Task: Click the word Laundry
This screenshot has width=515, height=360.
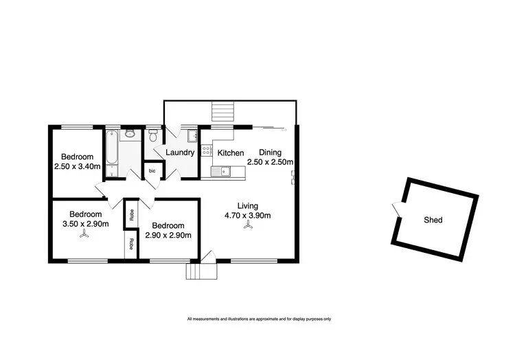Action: pos(181,153)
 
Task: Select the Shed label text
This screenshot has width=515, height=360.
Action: pos(433,221)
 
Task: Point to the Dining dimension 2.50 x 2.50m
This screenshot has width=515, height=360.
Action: pos(271,162)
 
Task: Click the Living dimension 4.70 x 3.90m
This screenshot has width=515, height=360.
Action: pos(247,216)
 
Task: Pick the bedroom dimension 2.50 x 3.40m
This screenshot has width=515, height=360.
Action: pos(78,166)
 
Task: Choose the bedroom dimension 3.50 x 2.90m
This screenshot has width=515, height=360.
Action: pos(85,223)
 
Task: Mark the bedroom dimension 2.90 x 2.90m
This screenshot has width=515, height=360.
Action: pos(168,236)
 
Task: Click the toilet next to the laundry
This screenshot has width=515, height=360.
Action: pos(153,135)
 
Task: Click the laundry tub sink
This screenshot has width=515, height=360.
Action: pos(191,135)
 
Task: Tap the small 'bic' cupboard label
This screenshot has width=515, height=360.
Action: pos(152,170)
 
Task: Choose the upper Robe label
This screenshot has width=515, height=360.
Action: pos(130,214)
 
